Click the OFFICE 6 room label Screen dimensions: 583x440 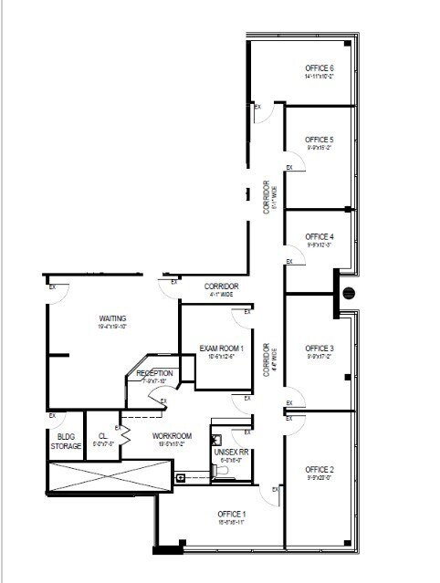(x=320, y=68)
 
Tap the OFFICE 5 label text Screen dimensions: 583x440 (x=320, y=140)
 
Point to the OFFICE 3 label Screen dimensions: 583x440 (x=320, y=349)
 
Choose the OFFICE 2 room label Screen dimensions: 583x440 (x=320, y=469)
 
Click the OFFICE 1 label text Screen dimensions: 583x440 (x=232, y=514)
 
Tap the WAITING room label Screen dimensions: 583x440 (x=113, y=318)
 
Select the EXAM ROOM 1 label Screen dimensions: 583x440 (x=222, y=349)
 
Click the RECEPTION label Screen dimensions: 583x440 (x=154, y=374)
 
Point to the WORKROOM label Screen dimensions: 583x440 (x=172, y=436)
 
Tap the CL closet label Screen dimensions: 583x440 (x=102, y=436)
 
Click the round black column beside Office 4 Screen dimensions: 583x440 (x=348, y=293)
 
